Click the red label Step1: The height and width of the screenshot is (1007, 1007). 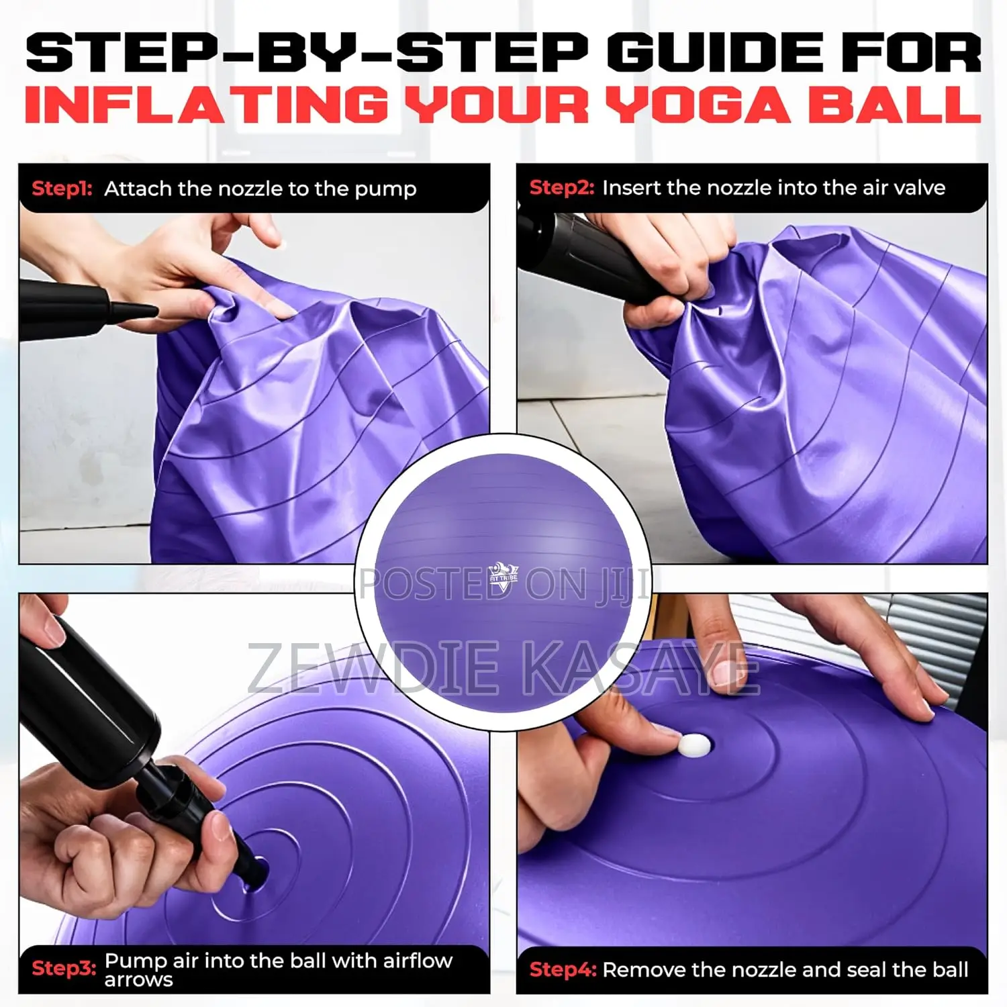[x=62, y=189]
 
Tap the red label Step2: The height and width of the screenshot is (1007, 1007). [x=561, y=188]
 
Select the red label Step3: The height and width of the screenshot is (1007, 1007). [x=64, y=968]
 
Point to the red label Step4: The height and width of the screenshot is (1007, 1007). [x=563, y=969]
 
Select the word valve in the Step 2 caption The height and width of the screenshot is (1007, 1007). [x=919, y=188]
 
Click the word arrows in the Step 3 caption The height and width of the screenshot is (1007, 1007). [x=138, y=979]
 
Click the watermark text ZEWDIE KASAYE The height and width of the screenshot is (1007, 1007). [x=503, y=668]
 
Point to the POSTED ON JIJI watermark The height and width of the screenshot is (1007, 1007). [x=503, y=584]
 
